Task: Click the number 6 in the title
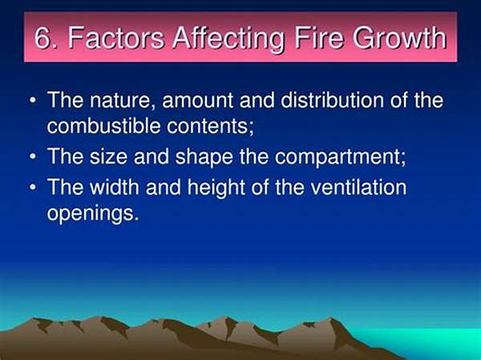click(42, 38)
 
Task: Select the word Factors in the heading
click(116, 38)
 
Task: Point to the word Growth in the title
click(399, 38)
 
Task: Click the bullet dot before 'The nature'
click(33, 100)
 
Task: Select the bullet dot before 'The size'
click(33, 156)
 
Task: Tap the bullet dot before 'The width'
click(33, 187)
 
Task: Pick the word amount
click(198, 101)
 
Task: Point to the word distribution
click(332, 99)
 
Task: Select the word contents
click(210, 127)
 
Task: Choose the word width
click(115, 186)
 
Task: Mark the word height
click(216, 188)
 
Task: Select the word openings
click(93, 214)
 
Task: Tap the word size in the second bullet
click(108, 156)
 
